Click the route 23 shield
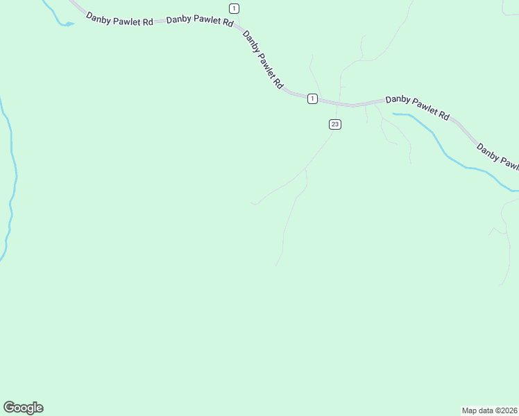point(335,124)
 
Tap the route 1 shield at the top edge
point(235,8)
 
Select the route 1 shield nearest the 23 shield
point(313,98)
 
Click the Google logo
point(23,408)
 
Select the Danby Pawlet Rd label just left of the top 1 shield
point(200,20)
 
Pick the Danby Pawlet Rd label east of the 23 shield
point(418,107)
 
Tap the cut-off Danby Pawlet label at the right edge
point(497,156)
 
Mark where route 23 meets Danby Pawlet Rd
point(337,105)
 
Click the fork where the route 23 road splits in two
point(306,168)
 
